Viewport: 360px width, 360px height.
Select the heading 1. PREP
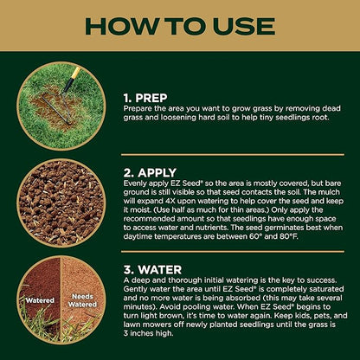click(145, 98)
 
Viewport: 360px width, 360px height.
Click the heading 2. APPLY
click(150, 173)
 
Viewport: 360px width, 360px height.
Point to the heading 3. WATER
click(152, 270)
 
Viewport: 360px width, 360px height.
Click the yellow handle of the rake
click(75, 73)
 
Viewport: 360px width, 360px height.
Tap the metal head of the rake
click(56, 108)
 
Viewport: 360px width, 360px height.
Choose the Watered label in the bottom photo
click(40, 300)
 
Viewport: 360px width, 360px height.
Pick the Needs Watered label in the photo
click(82, 300)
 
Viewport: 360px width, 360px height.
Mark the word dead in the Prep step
click(331, 109)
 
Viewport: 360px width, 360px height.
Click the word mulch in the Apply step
click(330, 192)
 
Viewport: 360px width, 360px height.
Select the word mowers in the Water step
click(155, 325)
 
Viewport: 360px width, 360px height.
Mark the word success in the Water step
click(321, 280)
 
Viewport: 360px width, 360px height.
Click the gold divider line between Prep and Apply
click(233, 155)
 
